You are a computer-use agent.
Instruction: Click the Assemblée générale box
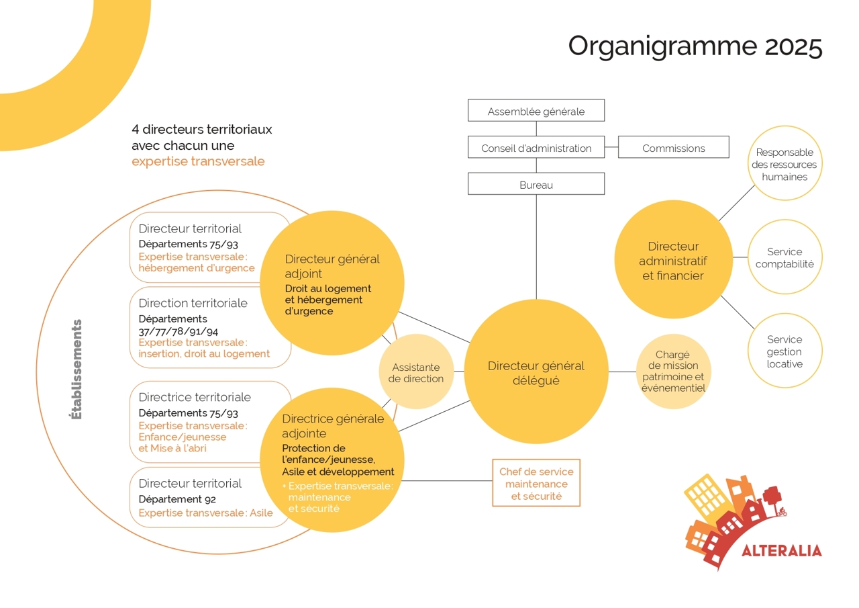536,111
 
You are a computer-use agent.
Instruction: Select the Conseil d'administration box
536,148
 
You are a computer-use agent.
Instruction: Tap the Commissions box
673,148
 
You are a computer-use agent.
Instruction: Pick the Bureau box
536,184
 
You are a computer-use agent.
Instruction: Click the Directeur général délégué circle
536,372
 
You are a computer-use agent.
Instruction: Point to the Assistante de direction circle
416,372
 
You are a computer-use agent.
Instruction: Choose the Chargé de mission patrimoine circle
672,372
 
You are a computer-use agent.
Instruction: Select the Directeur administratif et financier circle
672,260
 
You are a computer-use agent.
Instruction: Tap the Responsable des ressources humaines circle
785,164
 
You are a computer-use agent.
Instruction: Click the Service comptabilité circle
785,257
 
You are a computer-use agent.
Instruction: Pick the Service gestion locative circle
785,351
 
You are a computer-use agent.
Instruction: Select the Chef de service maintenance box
536,483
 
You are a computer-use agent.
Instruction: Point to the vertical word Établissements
77,370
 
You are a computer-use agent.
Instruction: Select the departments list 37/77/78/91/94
179,331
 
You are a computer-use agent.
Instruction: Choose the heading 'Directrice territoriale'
195,397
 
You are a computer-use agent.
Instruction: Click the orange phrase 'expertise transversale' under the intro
198,161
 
